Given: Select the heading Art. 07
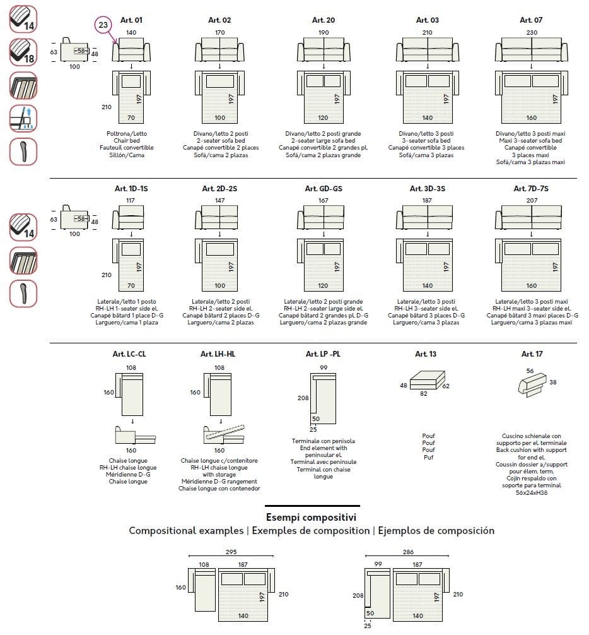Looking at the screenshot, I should (x=530, y=20).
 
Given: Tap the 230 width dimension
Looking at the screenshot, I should (x=531, y=32).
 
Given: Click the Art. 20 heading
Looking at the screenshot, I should (x=324, y=20).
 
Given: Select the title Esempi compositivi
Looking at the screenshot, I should (x=312, y=518).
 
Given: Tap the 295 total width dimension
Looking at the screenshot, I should (x=231, y=552).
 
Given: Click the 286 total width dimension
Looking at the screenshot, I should (x=409, y=552).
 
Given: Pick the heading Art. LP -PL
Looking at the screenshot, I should (x=323, y=354).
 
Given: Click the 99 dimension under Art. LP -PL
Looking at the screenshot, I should (x=324, y=367).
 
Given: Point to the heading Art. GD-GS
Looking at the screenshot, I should (x=324, y=188).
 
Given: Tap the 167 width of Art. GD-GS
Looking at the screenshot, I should (x=324, y=201).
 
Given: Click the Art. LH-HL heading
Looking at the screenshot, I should (x=218, y=354).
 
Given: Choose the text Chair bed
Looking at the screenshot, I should (x=131, y=141).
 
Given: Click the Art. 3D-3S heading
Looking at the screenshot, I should (x=427, y=188).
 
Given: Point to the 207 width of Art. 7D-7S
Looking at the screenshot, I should (x=531, y=201).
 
